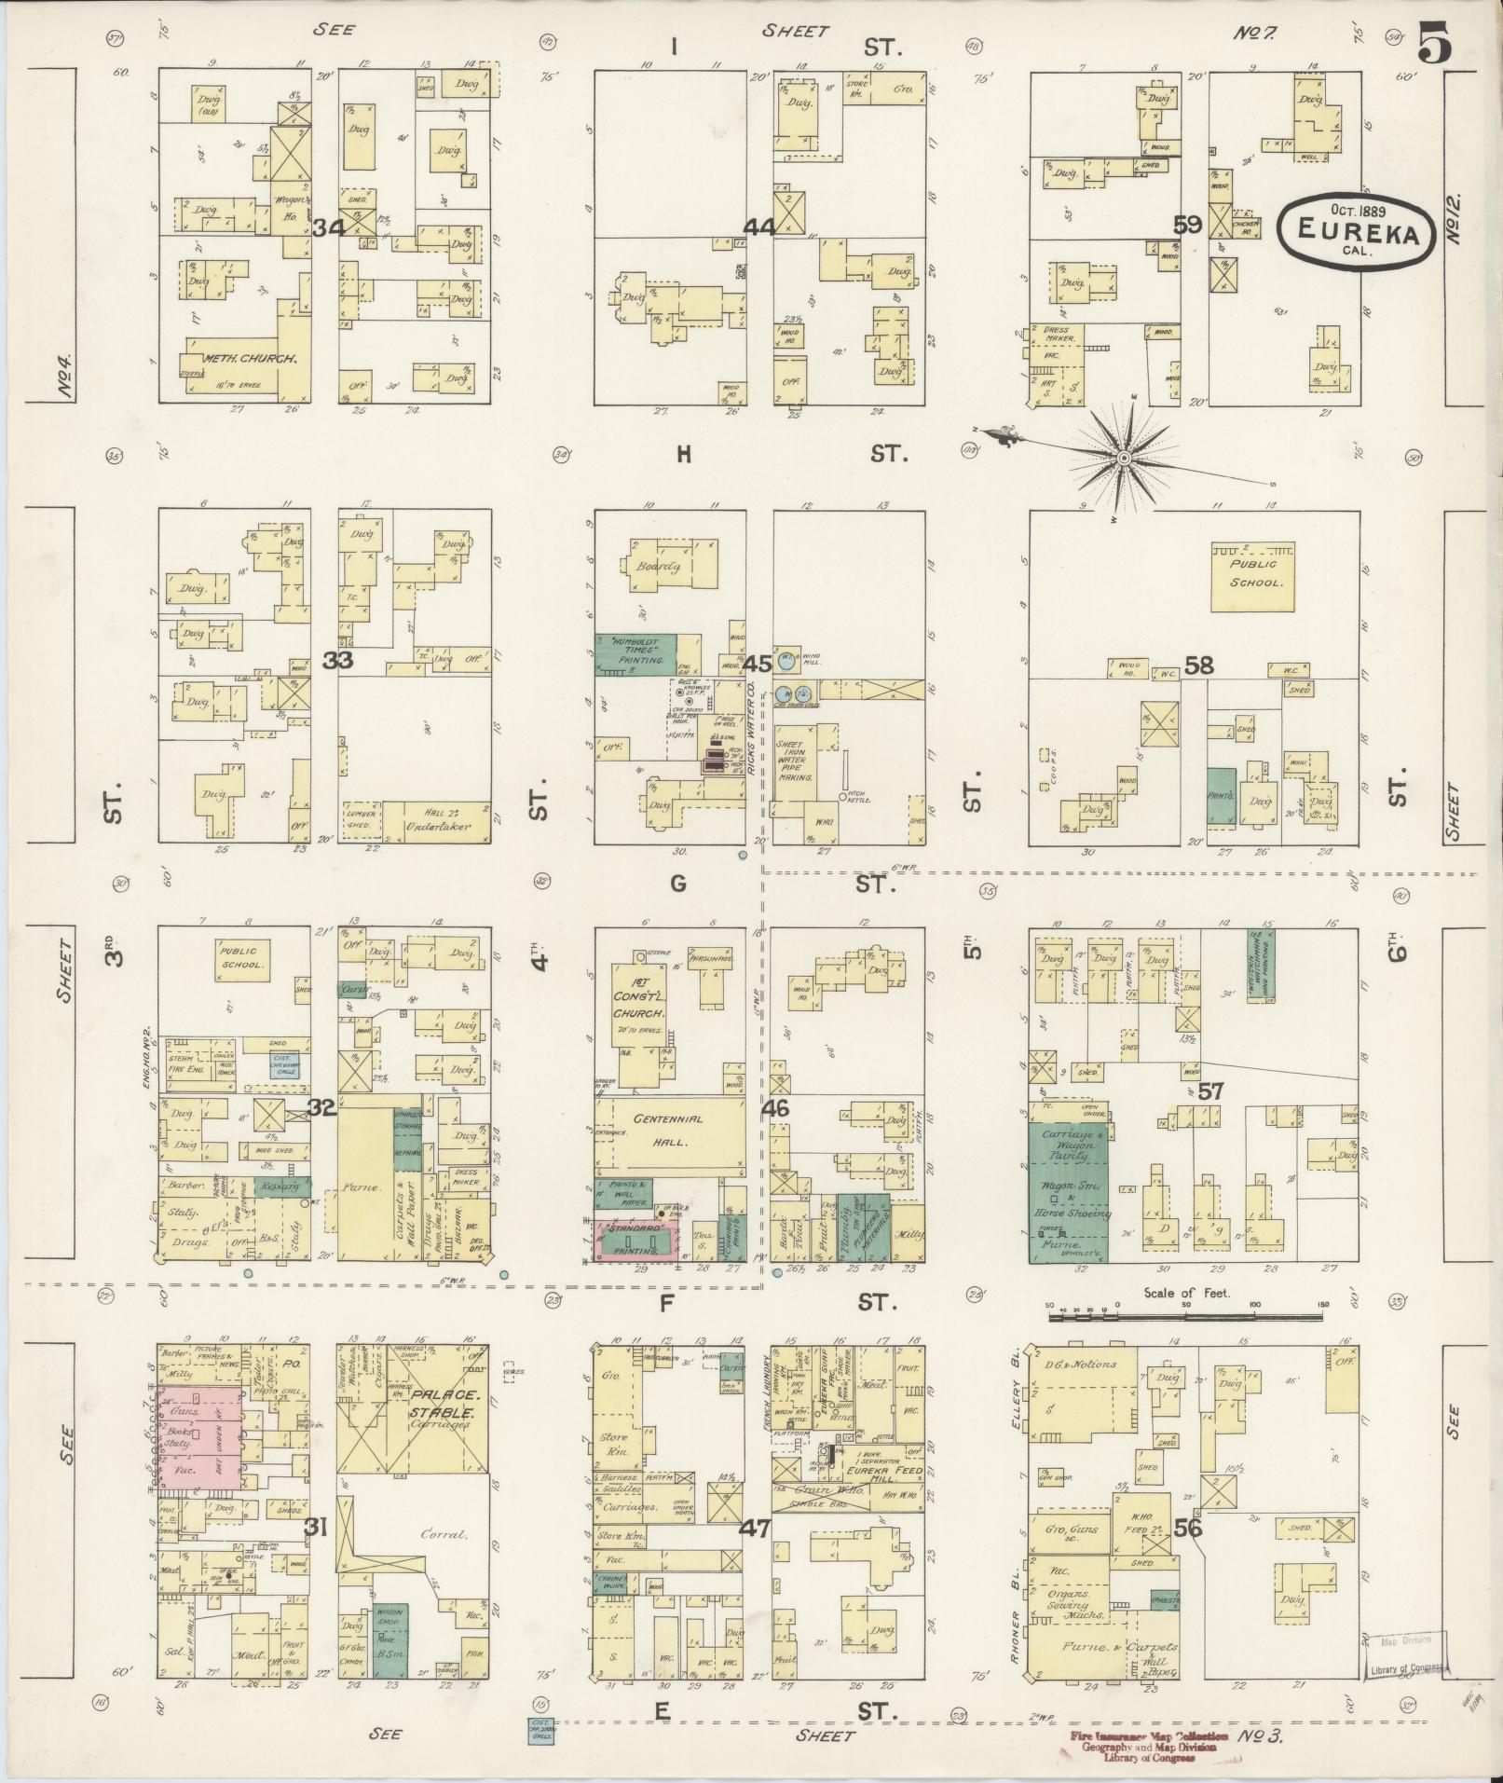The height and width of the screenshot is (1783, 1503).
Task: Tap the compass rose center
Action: coord(1124,458)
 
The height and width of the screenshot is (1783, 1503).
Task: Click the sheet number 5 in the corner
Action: coord(1434,43)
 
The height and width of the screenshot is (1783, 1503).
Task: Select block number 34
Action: coord(329,227)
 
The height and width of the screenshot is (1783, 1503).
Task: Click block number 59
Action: coord(1186,226)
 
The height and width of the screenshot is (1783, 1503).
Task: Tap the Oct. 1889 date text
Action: coord(1353,212)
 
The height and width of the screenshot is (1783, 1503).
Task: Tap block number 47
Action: coord(756,1529)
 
